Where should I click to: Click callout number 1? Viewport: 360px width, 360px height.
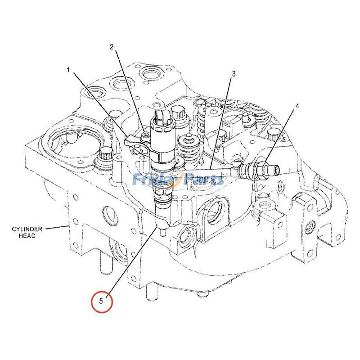pos(68,70)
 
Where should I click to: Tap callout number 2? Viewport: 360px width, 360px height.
pos(112,47)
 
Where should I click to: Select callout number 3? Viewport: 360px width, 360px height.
pos(234,74)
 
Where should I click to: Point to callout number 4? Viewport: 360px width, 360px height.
pos(297,106)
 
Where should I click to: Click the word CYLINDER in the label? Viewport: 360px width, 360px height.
pos(27,229)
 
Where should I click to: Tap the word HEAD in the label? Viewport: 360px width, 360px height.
pos(27,236)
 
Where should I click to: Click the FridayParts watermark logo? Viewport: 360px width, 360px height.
pos(179,179)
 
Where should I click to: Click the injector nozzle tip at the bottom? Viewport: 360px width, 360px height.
pos(163,231)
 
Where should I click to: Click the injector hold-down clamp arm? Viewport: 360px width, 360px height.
pos(138,144)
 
